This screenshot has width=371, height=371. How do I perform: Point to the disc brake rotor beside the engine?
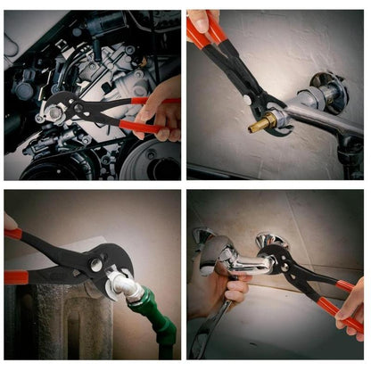152,161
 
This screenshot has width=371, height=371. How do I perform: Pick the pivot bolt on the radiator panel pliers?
95,265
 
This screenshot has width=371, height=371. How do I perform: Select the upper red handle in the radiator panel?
12,234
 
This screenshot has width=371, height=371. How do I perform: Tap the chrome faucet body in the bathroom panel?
236,260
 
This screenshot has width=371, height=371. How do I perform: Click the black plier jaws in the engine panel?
85,107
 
